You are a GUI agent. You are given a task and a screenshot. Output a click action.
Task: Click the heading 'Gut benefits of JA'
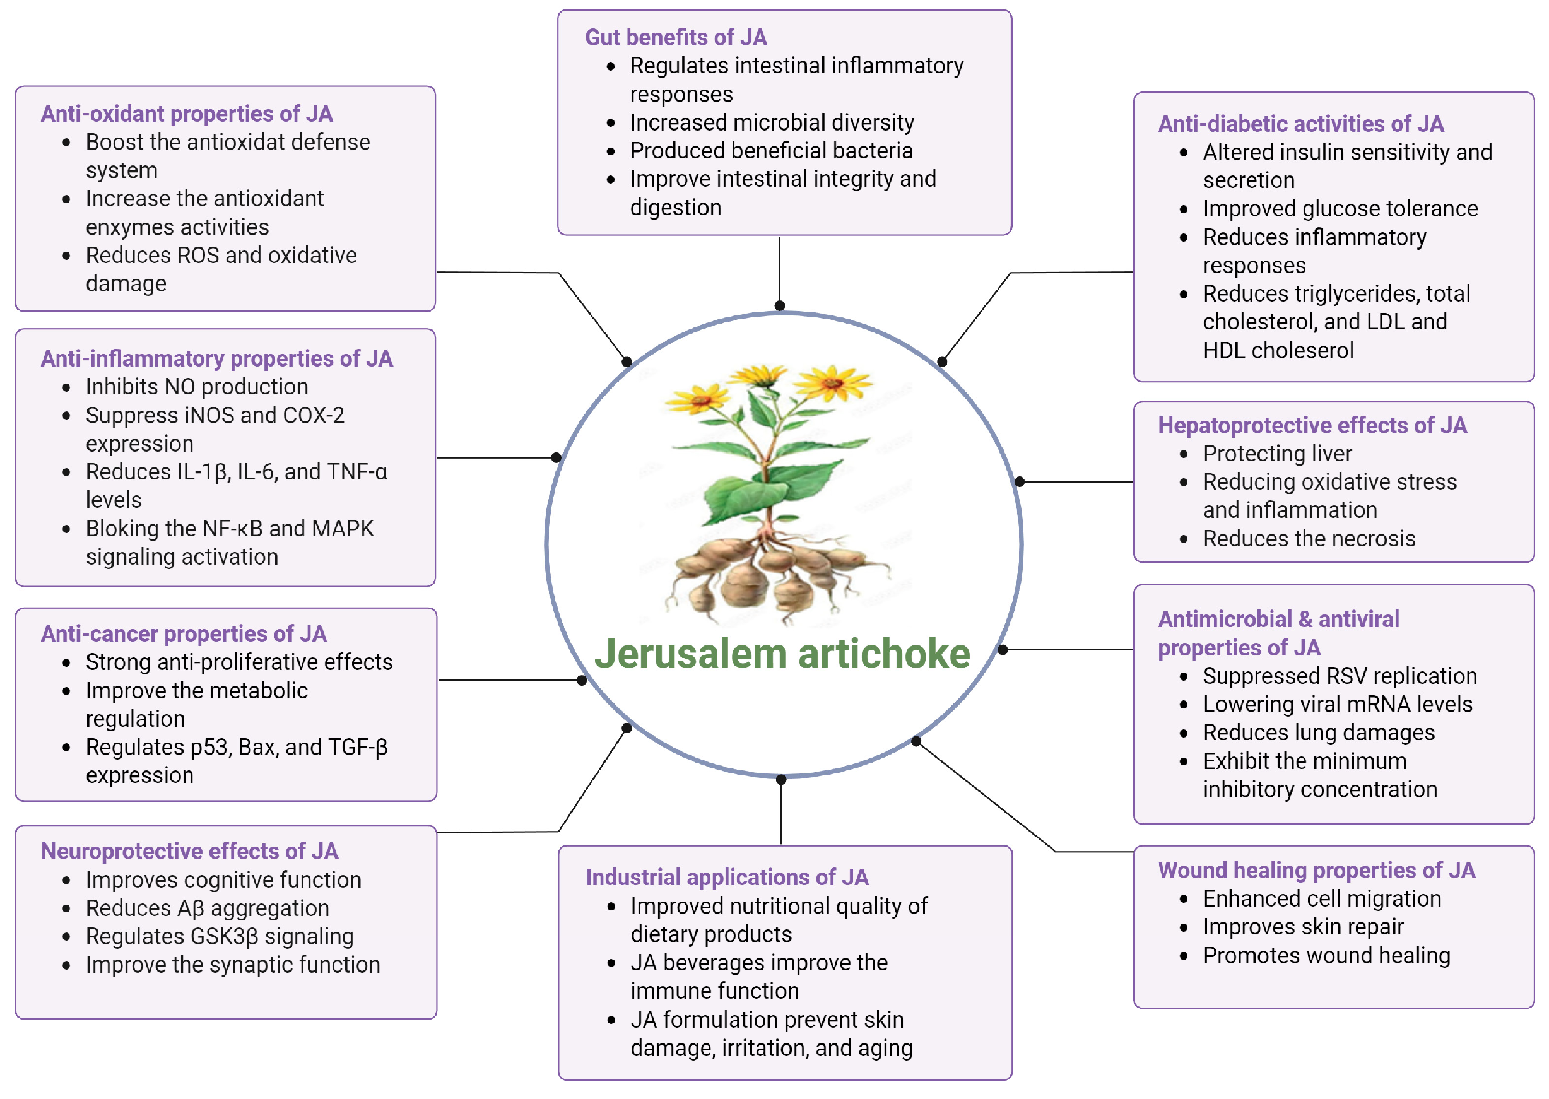675,37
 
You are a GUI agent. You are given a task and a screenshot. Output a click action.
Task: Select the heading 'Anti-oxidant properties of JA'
186,114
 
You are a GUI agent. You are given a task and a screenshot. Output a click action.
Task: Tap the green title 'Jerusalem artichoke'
782,654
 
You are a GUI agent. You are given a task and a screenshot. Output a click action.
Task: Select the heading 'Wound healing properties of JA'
1316,870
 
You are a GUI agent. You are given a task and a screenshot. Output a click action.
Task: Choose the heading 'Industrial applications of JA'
727,878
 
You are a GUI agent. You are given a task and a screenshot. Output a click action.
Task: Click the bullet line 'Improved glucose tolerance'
1340,208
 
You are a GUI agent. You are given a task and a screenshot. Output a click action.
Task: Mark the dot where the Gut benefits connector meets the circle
780,306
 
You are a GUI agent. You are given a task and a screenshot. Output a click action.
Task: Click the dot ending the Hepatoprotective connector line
1019,482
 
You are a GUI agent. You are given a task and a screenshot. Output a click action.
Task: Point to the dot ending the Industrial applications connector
781,780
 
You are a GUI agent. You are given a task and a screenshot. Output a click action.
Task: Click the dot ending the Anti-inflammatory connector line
557,457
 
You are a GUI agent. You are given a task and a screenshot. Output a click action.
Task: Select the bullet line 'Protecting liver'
1277,454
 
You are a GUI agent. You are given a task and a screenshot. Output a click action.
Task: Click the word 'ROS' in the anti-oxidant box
197,255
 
